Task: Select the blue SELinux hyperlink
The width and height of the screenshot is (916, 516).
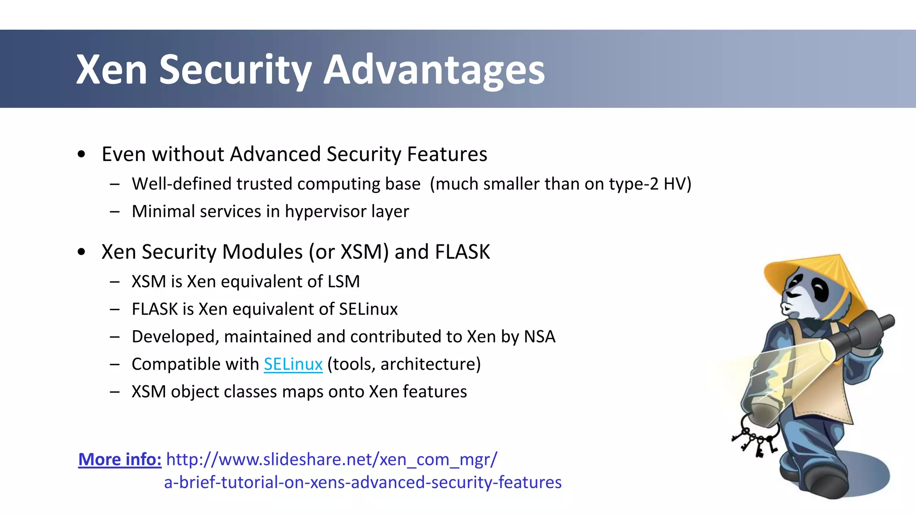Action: pyautogui.click(x=293, y=364)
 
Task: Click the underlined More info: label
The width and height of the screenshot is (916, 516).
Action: pyautogui.click(x=120, y=459)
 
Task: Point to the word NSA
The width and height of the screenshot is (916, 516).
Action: pyautogui.click(x=539, y=337)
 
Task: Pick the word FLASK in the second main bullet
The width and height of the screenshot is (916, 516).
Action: pyautogui.click(x=462, y=252)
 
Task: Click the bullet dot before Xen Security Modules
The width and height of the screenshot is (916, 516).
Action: pyautogui.click(x=81, y=252)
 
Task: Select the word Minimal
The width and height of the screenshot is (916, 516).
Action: pyautogui.click(x=163, y=211)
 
